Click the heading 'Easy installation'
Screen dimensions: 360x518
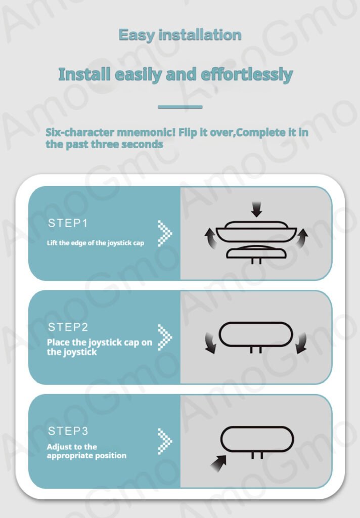[x=180, y=35]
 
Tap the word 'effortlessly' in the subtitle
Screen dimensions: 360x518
[x=247, y=75]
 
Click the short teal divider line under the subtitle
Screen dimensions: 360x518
[x=180, y=107]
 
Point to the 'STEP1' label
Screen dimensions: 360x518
[x=68, y=223]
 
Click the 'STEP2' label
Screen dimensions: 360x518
[x=68, y=327]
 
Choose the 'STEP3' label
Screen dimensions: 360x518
[x=68, y=431]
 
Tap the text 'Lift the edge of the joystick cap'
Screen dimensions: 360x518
[x=96, y=243]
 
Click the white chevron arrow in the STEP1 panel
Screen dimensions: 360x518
[x=165, y=233]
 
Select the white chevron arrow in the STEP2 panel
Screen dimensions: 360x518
[x=165, y=337]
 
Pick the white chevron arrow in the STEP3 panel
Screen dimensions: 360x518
[x=165, y=441]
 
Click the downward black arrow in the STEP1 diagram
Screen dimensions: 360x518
[x=256, y=209]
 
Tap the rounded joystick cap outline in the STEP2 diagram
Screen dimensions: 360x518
[x=256, y=322]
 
